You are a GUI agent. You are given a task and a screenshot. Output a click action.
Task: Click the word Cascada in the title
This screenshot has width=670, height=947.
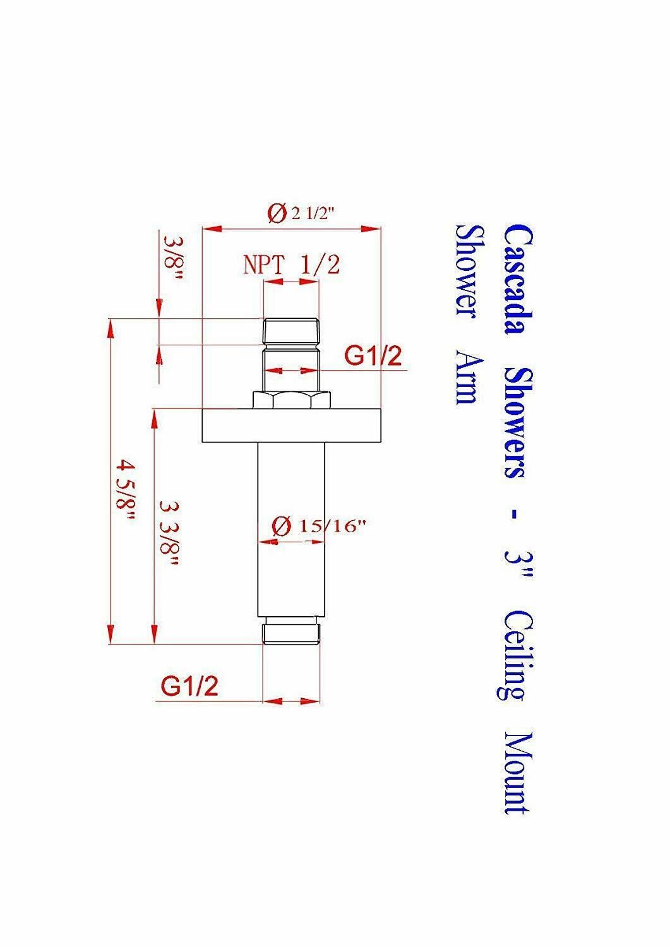(x=518, y=279)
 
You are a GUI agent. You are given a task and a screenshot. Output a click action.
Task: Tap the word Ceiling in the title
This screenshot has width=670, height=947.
(x=515, y=656)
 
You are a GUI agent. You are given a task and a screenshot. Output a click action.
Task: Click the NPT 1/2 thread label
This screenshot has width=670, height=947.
(x=292, y=266)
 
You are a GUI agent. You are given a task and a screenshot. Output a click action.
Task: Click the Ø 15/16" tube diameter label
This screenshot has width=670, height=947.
(x=318, y=527)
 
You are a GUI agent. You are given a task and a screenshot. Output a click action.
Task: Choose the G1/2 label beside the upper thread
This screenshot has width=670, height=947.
(x=373, y=356)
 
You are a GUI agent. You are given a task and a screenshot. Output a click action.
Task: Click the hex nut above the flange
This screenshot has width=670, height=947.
(x=292, y=400)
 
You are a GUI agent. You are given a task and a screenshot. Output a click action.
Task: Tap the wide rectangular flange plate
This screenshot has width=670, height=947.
(x=292, y=426)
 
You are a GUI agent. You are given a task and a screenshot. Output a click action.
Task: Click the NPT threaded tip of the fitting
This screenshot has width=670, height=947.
(x=290, y=331)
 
